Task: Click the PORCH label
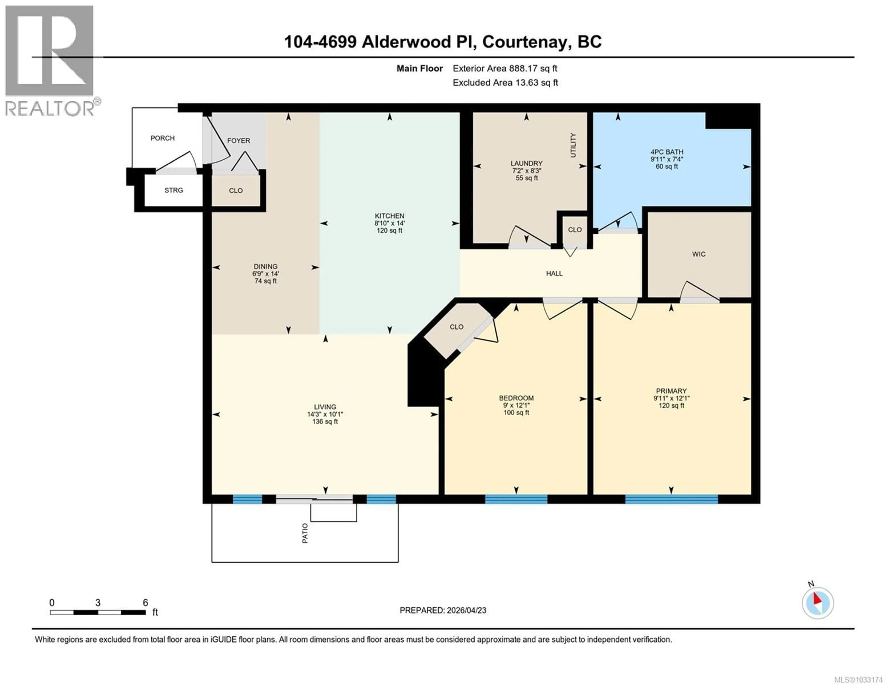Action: [162, 138]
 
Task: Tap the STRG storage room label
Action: [174, 190]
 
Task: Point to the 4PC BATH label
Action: [667, 152]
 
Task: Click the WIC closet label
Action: [699, 254]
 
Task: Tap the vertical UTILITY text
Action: [573, 145]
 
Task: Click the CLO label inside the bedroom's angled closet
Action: [456, 327]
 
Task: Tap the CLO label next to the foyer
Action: [236, 191]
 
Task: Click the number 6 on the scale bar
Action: [145, 602]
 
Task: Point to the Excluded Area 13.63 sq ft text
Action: [505, 83]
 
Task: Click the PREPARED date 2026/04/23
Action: [466, 610]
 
